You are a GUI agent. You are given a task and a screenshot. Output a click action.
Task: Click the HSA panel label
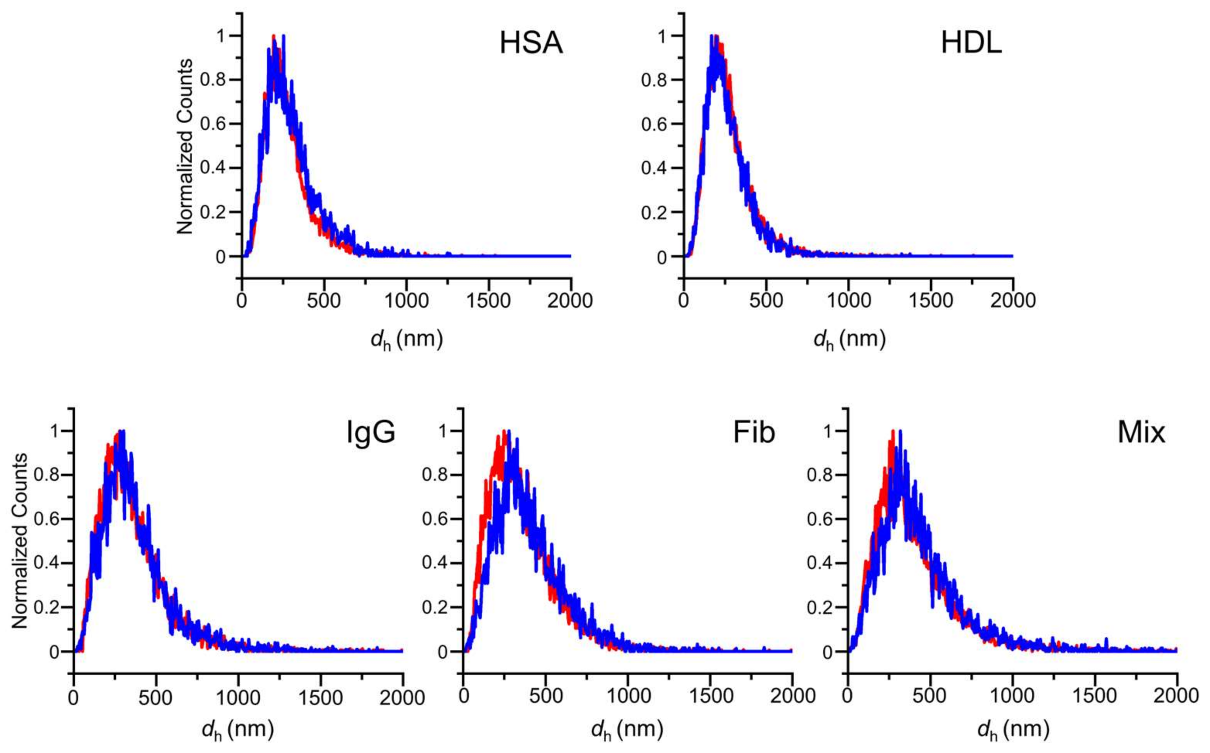(x=531, y=43)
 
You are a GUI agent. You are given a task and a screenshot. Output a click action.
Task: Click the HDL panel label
(x=971, y=43)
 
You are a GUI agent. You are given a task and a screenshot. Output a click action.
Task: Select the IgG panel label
(x=371, y=432)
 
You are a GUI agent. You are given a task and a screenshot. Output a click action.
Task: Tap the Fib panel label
(x=754, y=432)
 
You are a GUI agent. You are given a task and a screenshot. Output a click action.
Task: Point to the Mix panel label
(x=1141, y=432)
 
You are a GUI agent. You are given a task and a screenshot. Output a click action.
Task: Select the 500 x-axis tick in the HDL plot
(x=766, y=301)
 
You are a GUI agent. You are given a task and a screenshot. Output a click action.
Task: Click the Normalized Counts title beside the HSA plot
(x=185, y=147)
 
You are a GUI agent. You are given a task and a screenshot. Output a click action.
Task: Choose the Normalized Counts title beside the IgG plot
(x=19, y=541)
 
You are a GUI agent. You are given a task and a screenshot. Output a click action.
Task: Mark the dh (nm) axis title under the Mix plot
(x=1013, y=730)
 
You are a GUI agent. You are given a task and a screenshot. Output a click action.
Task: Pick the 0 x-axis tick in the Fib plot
(x=463, y=696)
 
